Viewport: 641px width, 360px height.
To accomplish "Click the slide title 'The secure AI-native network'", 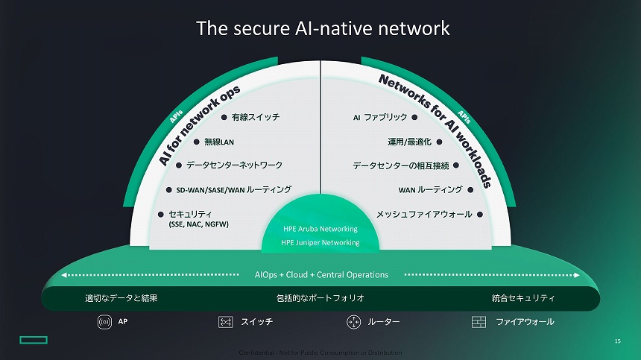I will coord(323,28).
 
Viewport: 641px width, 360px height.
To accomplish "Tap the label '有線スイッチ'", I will coord(255,117).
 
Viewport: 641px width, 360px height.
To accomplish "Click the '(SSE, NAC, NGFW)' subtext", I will coord(198,224).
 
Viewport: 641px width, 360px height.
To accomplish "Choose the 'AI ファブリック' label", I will coord(380,117).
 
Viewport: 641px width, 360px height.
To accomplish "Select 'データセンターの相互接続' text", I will coord(401,165).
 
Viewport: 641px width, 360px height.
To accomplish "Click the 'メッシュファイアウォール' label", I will coord(423,214).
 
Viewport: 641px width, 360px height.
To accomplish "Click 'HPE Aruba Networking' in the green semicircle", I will coord(320,229).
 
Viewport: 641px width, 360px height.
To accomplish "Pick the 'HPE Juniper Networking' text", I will coord(320,242).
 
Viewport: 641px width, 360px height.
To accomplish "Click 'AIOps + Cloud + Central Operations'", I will coord(321,274).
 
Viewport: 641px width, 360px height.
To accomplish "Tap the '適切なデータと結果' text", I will coord(121,298).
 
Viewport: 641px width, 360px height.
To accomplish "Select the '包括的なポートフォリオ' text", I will coord(320,298).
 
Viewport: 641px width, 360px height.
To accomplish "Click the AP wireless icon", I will coord(104,322).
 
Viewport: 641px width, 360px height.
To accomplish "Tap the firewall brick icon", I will coord(479,322).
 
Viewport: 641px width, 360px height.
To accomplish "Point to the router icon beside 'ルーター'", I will coord(353,322).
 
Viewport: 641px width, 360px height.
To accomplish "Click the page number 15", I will coord(617,341).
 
